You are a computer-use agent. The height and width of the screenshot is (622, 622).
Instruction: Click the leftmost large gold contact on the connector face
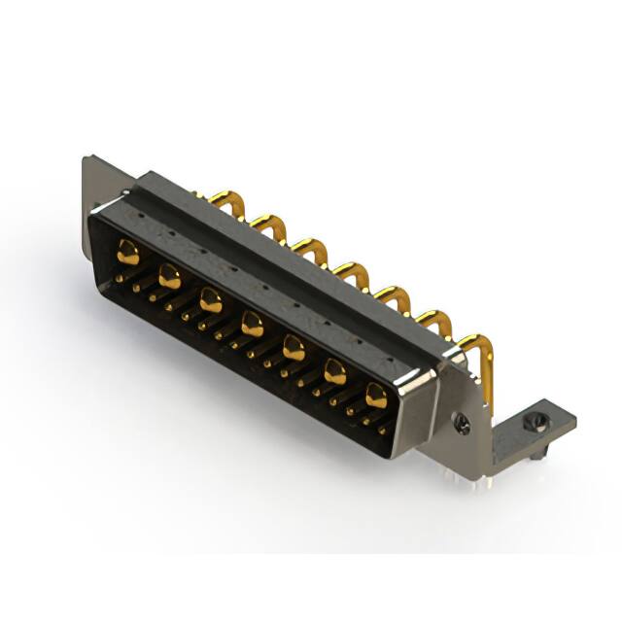point(128,254)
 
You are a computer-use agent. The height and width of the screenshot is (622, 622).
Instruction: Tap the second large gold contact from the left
point(169,277)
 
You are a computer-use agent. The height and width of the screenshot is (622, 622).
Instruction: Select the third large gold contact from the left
point(211,300)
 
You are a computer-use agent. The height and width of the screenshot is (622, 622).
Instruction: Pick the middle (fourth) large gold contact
point(252,324)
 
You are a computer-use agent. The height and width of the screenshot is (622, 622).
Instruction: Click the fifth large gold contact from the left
point(294,347)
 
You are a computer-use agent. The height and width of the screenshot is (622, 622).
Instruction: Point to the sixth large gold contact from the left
point(334,370)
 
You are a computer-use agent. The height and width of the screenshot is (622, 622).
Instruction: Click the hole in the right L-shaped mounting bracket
point(531,423)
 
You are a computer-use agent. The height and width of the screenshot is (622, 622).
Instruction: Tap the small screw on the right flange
point(464,423)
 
